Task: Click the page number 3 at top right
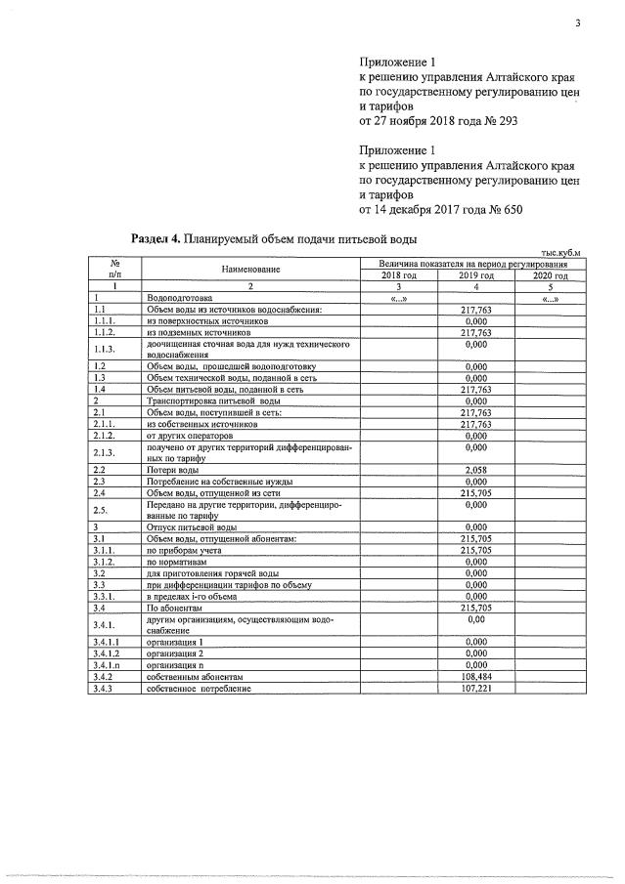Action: pyautogui.click(x=577, y=26)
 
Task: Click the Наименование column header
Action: pyautogui.click(x=250, y=269)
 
